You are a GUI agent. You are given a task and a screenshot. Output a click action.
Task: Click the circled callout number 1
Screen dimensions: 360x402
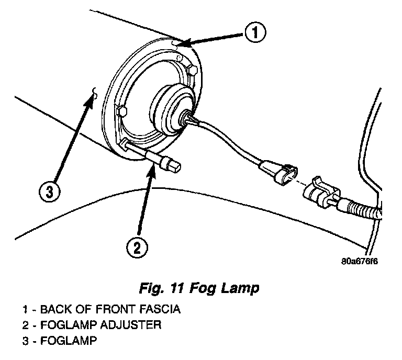[254, 33]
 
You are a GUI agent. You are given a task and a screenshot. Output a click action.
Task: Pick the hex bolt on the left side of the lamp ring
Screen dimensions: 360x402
[122, 111]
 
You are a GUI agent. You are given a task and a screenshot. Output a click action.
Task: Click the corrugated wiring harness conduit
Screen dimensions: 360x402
[361, 209]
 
